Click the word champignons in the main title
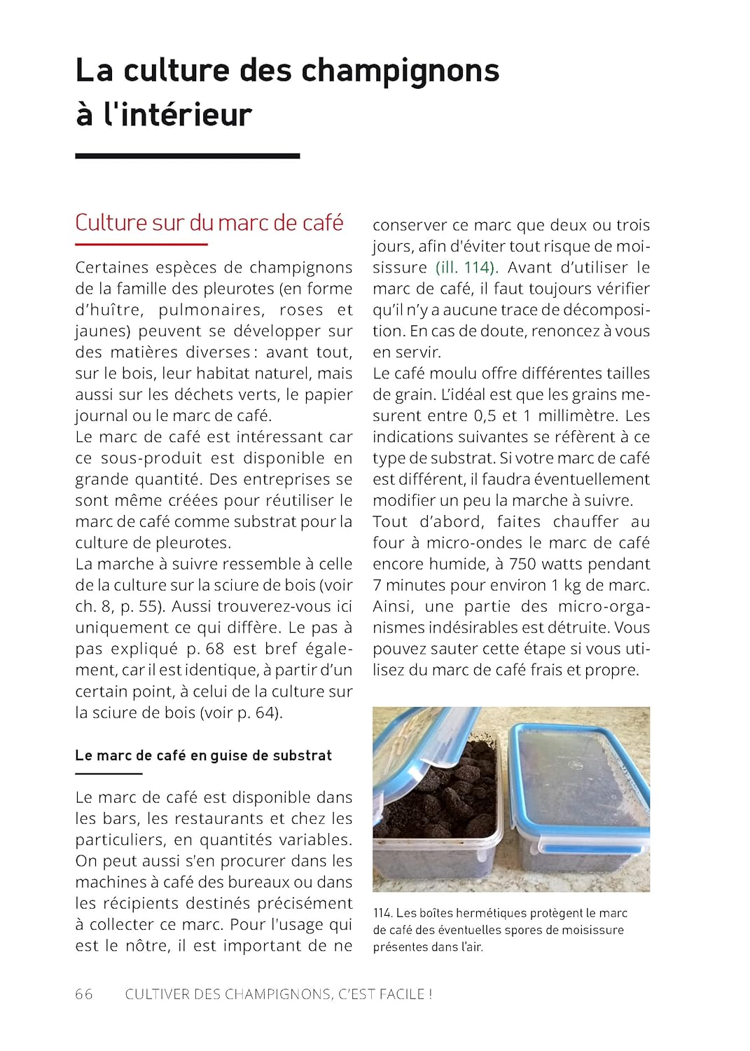400,71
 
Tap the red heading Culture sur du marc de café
209,223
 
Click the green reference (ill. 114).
466,268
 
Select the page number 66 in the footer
83,994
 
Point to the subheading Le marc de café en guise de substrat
203,755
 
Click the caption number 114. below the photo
382,913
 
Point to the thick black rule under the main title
187,156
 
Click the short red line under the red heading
141,245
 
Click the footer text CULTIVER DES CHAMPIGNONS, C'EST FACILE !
278,994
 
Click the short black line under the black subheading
109,774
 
